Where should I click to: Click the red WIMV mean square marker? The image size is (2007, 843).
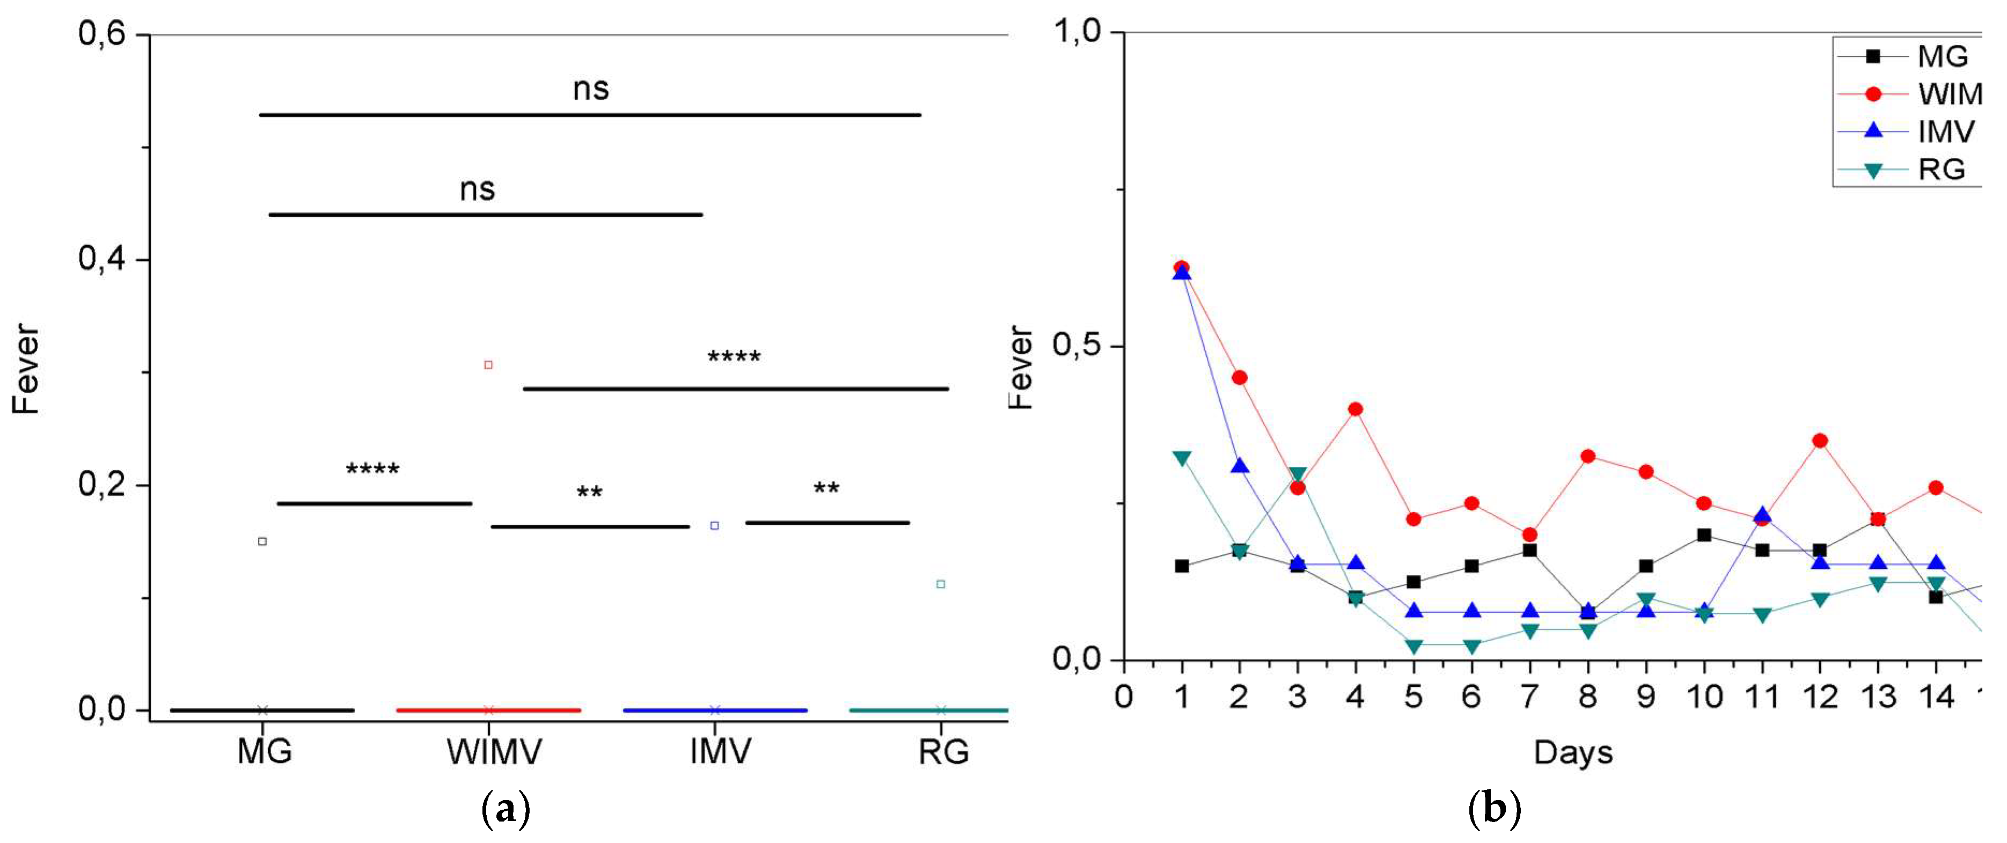pyautogui.click(x=488, y=365)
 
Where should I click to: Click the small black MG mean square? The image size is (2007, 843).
pyautogui.click(x=262, y=541)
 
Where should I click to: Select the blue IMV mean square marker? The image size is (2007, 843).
pyautogui.click(x=714, y=526)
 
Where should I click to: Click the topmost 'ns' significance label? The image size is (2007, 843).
pyautogui.click(x=591, y=89)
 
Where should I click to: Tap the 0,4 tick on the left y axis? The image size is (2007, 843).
pyautogui.click(x=102, y=259)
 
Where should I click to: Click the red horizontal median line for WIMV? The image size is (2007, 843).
pyautogui.click(x=488, y=710)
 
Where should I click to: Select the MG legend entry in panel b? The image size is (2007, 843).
pyautogui.click(x=1909, y=56)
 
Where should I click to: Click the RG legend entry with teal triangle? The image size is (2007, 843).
pyautogui.click(x=1909, y=169)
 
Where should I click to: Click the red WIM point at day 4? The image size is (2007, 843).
pyautogui.click(x=1356, y=409)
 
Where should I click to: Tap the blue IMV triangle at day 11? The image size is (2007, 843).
pyautogui.click(x=1762, y=516)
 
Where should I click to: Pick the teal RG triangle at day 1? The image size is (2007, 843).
pyautogui.click(x=1182, y=458)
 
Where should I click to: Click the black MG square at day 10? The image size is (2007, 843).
pyautogui.click(x=1704, y=535)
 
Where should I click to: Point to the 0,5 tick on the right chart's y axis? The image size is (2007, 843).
pyautogui.click(x=1076, y=345)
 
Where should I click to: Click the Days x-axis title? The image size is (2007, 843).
pyautogui.click(x=1573, y=753)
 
